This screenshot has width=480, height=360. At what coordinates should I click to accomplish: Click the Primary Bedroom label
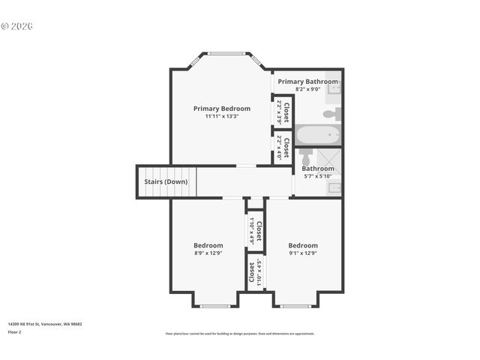tap(221, 108)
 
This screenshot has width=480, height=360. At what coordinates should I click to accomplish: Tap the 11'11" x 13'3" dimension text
tap(221, 116)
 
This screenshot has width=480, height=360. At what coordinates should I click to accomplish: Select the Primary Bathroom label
tap(307, 81)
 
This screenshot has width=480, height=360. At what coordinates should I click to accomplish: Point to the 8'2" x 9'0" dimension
tap(307, 88)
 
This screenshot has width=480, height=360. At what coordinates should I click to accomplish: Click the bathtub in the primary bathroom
tap(318, 135)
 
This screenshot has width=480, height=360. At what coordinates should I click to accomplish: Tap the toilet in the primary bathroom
tap(331, 114)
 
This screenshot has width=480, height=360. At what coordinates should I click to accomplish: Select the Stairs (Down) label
tap(166, 181)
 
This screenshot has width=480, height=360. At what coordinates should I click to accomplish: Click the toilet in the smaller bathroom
tap(305, 158)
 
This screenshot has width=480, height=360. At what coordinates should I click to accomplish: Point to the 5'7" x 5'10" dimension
tap(316, 176)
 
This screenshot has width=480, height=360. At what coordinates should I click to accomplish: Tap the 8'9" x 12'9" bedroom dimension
tap(208, 253)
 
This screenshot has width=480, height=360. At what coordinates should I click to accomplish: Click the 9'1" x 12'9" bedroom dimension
tap(303, 253)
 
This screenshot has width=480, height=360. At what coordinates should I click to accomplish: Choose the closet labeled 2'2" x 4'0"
tap(283, 148)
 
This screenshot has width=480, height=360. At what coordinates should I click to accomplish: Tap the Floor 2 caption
tap(15, 331)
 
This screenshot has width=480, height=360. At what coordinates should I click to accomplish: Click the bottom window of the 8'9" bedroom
tap(215, 305)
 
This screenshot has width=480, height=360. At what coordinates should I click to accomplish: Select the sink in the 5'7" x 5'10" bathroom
tap(334, 187)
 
